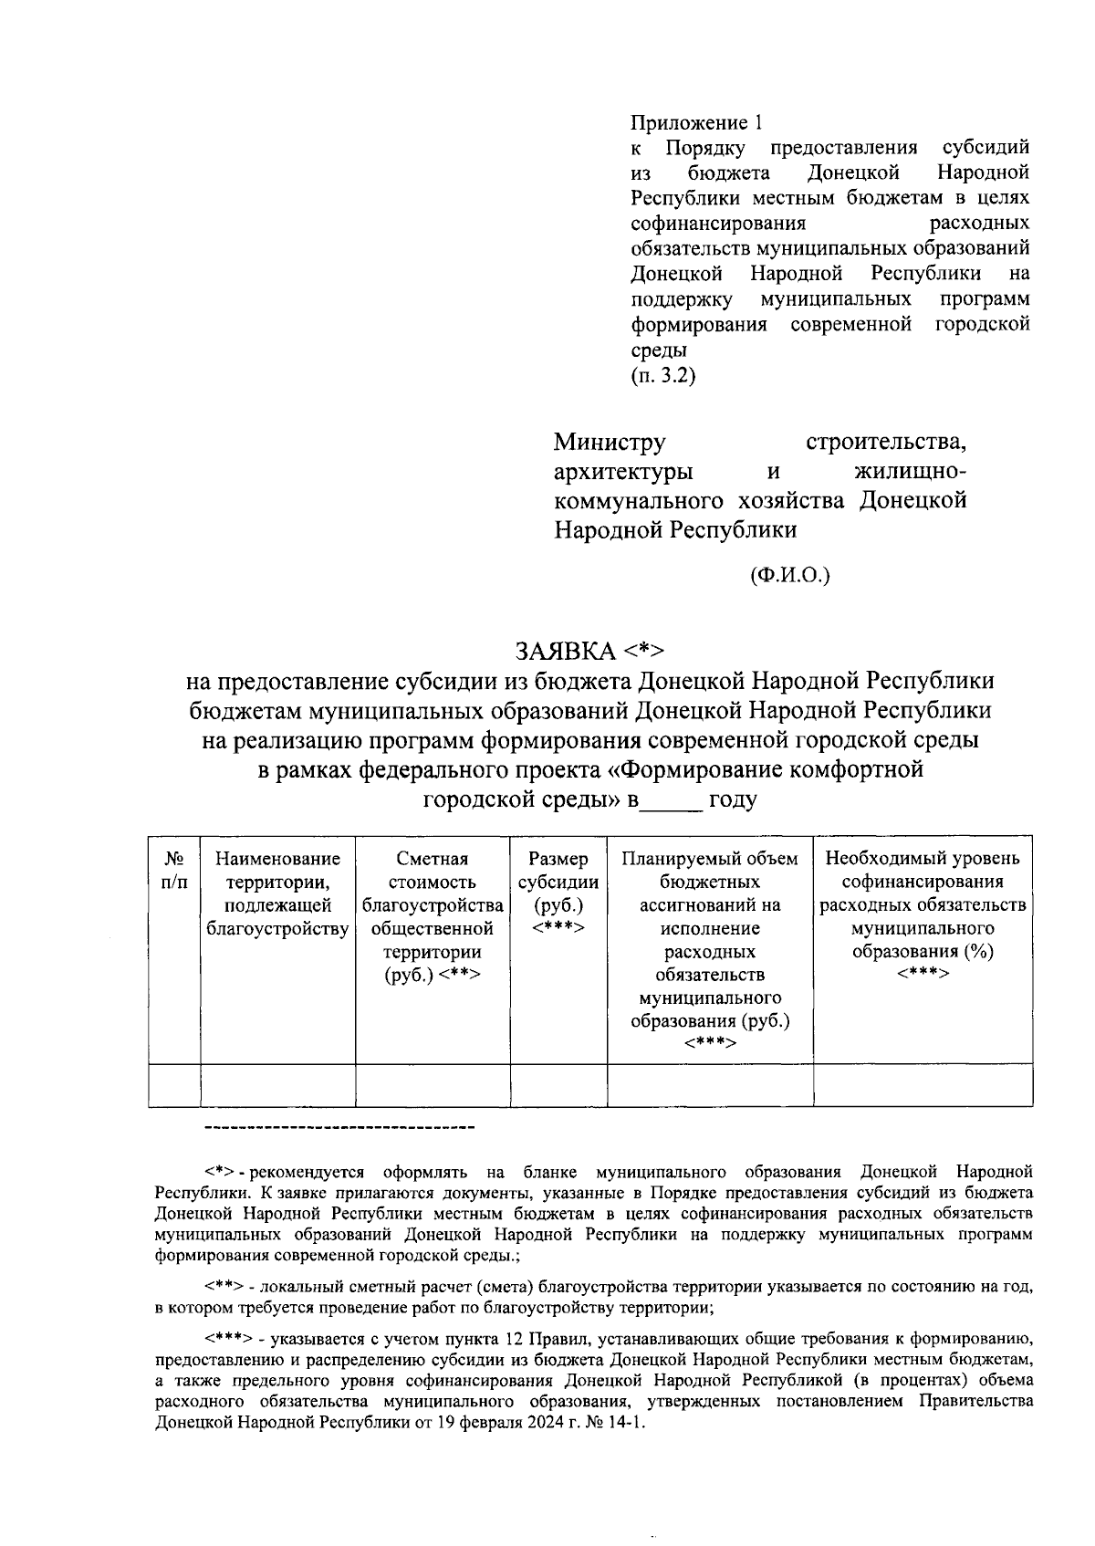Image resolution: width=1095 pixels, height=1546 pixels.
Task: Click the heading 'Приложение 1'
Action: [695, 121]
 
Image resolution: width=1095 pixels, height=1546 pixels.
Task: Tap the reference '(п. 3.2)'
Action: [662, 375]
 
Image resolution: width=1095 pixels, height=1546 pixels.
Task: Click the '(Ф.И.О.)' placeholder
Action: [789, 575]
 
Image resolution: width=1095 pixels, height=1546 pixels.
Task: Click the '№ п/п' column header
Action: [174, 870]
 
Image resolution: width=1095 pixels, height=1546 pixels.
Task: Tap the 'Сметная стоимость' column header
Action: [433, 916]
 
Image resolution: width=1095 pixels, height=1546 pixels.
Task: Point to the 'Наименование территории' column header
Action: [277, 893]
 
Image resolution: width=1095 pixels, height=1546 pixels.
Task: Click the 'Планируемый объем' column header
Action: [710, 859]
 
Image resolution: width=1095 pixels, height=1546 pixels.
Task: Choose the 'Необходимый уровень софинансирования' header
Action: [923, 870]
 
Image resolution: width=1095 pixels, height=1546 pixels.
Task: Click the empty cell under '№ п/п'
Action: [174, 1085]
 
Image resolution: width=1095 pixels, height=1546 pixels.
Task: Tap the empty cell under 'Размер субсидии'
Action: [558, 1085]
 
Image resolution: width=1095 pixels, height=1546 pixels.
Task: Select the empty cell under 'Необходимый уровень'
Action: [923, 1085]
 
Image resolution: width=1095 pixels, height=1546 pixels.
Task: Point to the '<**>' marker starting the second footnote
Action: [224, 1288]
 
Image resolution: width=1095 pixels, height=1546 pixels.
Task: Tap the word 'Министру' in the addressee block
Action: [610, 444]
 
